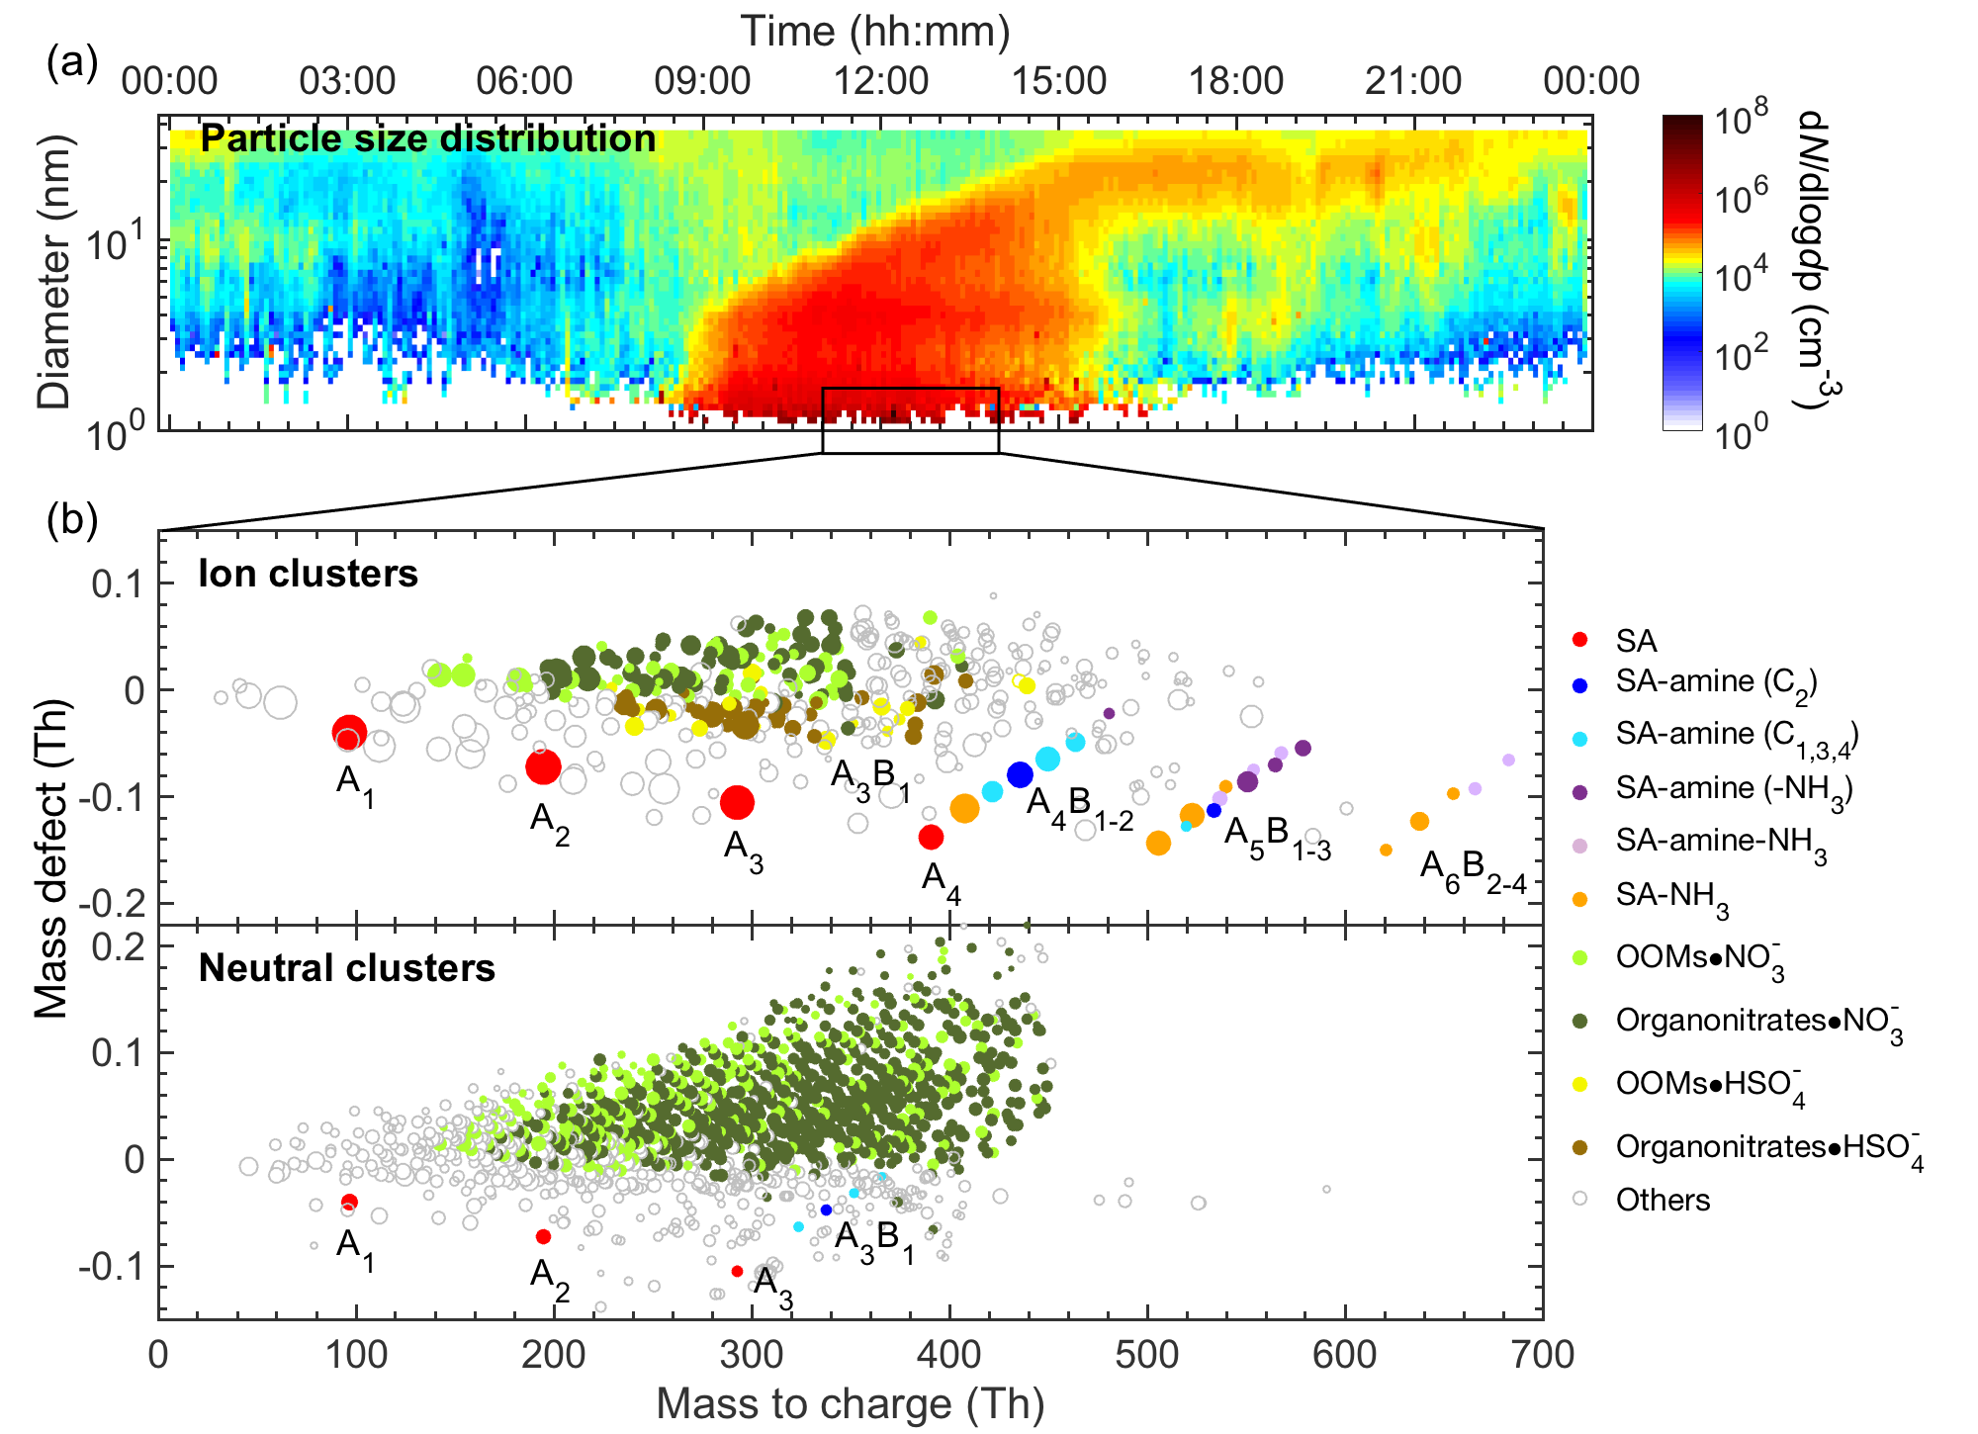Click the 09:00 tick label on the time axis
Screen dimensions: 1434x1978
[x=702, y=80]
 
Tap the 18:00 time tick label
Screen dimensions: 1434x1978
[x=1235, y=80]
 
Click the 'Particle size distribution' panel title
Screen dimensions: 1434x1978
[x=427, y=138]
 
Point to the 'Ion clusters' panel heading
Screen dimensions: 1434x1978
[x=308, y=574]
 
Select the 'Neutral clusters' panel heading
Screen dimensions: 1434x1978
[x=346, y=967]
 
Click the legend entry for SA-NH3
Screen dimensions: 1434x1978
[x=1671, y=896]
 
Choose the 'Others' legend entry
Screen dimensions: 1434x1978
[x=1662, y=1200]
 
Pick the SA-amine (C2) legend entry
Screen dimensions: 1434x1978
[x=1715, y=682]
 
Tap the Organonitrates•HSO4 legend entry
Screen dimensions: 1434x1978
[x=1768, y=1148]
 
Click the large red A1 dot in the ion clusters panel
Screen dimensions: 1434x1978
[x=349, y=733]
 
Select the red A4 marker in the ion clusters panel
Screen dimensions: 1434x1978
[x=931, y=837]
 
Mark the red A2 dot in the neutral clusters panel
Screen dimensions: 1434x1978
[x=543, y=1236]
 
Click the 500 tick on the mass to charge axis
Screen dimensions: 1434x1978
[x=1147, y=1354]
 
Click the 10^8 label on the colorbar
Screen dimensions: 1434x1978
[x=1741, y=119]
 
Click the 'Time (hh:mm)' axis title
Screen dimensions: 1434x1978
[x=875, y=32]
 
